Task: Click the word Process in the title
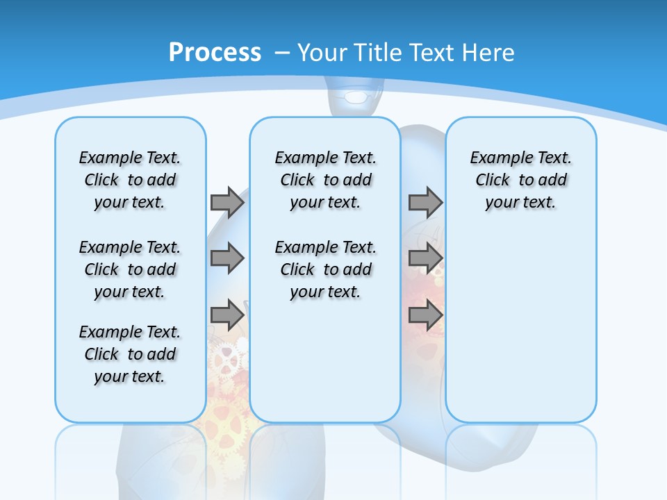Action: tap(215, 52)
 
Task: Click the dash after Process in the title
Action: tap(282, 53)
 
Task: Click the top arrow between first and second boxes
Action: tap(227, 202)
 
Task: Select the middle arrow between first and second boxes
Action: tap(227, 258)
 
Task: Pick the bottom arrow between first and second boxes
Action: tap(227, 315)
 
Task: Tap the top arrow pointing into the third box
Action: tap(425, 202)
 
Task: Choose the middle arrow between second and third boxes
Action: tap(425, 258)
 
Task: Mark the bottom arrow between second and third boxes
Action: tap(425, 315)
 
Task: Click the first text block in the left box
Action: tap(130, 180)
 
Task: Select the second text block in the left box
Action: tap(130, 269)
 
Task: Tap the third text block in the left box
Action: tap(130, 354)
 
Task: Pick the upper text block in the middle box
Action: tap(325, 180)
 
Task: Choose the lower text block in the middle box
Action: tap(325, 269)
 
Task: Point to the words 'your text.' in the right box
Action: tap(520, 203)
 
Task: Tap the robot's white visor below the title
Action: tap(356, 97)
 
